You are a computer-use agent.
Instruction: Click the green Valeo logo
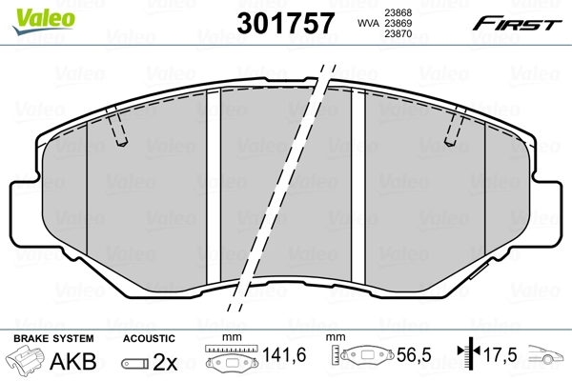(44, 21)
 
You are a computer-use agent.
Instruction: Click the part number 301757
(286, 23)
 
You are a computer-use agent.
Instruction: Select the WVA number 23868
(398, 12)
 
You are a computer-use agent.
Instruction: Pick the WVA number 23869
(398, 23)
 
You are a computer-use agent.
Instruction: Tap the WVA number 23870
(398, 34)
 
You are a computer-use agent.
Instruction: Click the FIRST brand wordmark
(517, 24)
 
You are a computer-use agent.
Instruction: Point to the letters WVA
(368, 23)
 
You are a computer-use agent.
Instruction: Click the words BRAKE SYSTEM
(53, 338)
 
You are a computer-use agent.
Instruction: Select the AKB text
(73, 361)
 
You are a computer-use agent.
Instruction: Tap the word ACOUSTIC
(149, 338)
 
